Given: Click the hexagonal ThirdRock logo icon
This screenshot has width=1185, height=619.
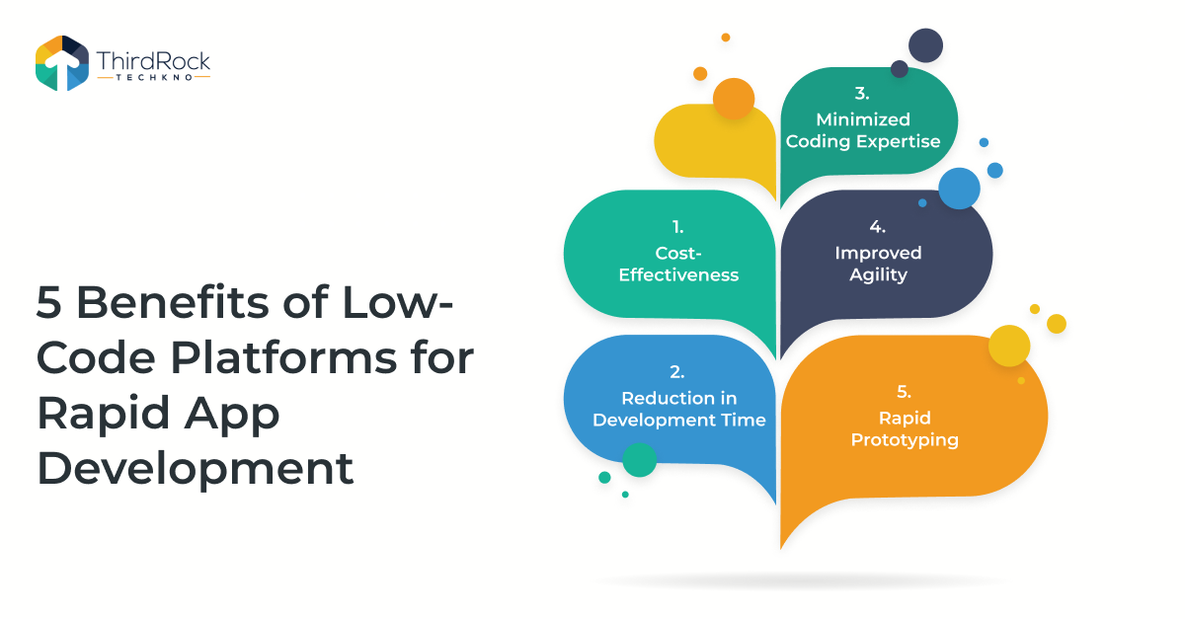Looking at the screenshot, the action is (x=62, y=63).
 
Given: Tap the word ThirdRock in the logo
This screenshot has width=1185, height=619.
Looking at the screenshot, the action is (x=153, y=61).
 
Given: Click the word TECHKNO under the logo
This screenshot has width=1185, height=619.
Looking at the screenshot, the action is (x=154, y=77).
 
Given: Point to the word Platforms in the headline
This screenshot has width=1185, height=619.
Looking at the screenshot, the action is (x=283, y=357).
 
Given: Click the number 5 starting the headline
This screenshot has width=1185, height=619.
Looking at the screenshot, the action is (x=48, y=302).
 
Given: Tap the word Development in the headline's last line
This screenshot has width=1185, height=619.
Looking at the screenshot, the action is (x=196, y=469).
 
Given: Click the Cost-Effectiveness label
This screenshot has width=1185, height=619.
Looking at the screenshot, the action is (x=678, y=264).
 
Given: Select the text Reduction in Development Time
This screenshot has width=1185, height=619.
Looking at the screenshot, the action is (x=679, y=409).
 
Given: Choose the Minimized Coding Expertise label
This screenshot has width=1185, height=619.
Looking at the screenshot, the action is (x=863, y=130).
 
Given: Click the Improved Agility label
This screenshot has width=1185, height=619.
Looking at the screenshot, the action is (x=878, y=264).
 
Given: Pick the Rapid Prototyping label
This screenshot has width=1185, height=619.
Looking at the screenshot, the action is (x=905, y=429).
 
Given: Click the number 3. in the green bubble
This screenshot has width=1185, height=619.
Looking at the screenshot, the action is (x=862, y=93).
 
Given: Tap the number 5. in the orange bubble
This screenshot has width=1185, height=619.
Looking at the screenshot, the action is (x=905, y=392).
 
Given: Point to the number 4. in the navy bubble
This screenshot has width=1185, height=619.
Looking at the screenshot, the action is (x=878, y=226).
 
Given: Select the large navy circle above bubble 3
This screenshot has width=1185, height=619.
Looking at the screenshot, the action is (x=926, y=45).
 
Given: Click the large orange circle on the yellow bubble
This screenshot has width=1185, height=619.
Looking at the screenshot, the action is (x=734, y=99).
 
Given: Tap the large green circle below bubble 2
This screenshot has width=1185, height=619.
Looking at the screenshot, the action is (x=640, y=460).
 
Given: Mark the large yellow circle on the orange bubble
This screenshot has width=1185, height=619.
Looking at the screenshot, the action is (x=1009, y=346).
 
